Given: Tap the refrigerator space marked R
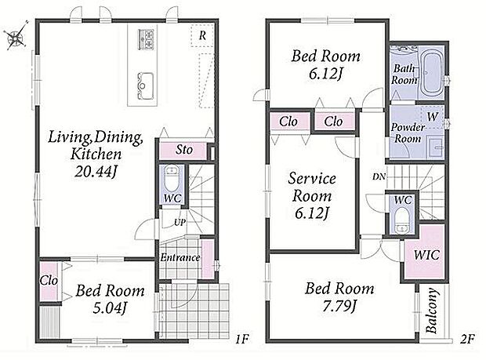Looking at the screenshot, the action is coord(202,35).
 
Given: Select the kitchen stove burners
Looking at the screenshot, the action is coord(146,38).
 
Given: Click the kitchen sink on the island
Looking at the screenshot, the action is coord(145,86).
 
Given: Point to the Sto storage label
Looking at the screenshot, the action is coord(184,150).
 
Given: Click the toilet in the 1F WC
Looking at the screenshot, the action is coord(172,180).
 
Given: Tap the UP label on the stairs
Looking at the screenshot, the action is coord(180,222).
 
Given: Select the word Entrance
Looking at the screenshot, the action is coord(180,257).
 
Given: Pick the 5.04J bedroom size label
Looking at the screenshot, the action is coord(110,308).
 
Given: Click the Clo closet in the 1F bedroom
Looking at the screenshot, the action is coord(49,282).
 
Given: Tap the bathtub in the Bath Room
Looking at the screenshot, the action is coord(432,73).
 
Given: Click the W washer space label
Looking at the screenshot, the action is coord(433,117).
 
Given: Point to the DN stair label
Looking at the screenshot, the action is coord(379,176).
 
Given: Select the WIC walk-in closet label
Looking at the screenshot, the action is coord(426,255).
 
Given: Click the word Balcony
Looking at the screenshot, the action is coord(432,311).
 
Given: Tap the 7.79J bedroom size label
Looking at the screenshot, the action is coord(339,307).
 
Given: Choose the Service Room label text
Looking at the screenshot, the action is coord(312,187).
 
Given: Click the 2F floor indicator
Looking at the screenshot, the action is coord(467,340).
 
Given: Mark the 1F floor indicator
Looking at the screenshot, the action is coord(241,340).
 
